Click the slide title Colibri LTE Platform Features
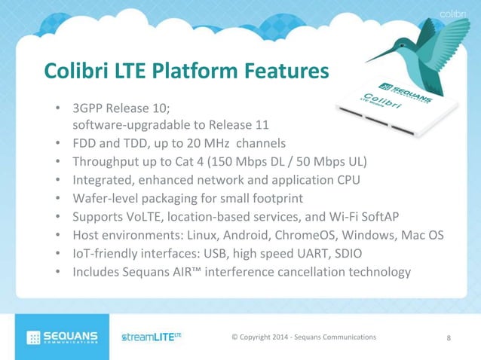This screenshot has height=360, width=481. (x=186, y=71)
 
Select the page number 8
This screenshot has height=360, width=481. (x=449, y=337)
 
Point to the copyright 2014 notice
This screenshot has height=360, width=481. (x=303, y=337)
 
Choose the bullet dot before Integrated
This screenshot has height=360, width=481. (x=58, y=181)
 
